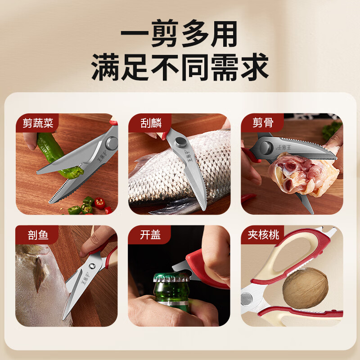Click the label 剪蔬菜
click(x=38, y=123)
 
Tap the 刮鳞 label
click(x=151, y=123)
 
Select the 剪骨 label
click(x=263, y=122)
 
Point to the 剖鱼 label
click(x=38, y=235)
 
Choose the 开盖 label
click(x=150, y=234)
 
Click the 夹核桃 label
click(x=263, y=234)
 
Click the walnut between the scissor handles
click(x=305, y=288)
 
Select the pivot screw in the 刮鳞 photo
click(x=180, y=143)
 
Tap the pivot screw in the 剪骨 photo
click(x=266, y=148)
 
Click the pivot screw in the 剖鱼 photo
click(x=92, y=266)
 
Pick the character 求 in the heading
click(x=255, y=67)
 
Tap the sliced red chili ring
click(x=100, y=203)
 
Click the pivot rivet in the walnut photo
click(x=247, y=299)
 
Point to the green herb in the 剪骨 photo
click(x=331, y=130)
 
